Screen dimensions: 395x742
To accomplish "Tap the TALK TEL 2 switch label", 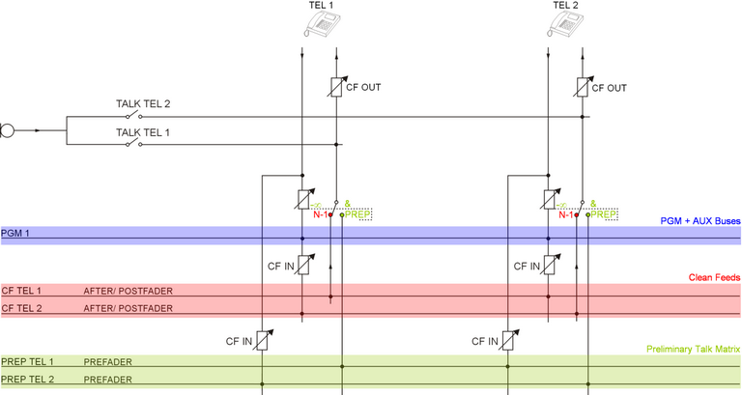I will click(143, 104).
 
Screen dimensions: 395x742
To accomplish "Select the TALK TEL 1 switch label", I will click(143, 132).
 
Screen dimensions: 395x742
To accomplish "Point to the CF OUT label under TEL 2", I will click(609, 87).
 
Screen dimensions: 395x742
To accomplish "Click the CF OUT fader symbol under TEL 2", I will click(581, 87).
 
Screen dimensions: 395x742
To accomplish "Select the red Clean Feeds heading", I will click(714, 278).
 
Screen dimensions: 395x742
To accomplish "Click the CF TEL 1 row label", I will click(21, 290).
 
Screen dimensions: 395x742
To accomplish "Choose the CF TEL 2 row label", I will click(21, 308).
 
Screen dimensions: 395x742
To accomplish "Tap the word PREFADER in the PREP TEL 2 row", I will click(108, 379).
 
